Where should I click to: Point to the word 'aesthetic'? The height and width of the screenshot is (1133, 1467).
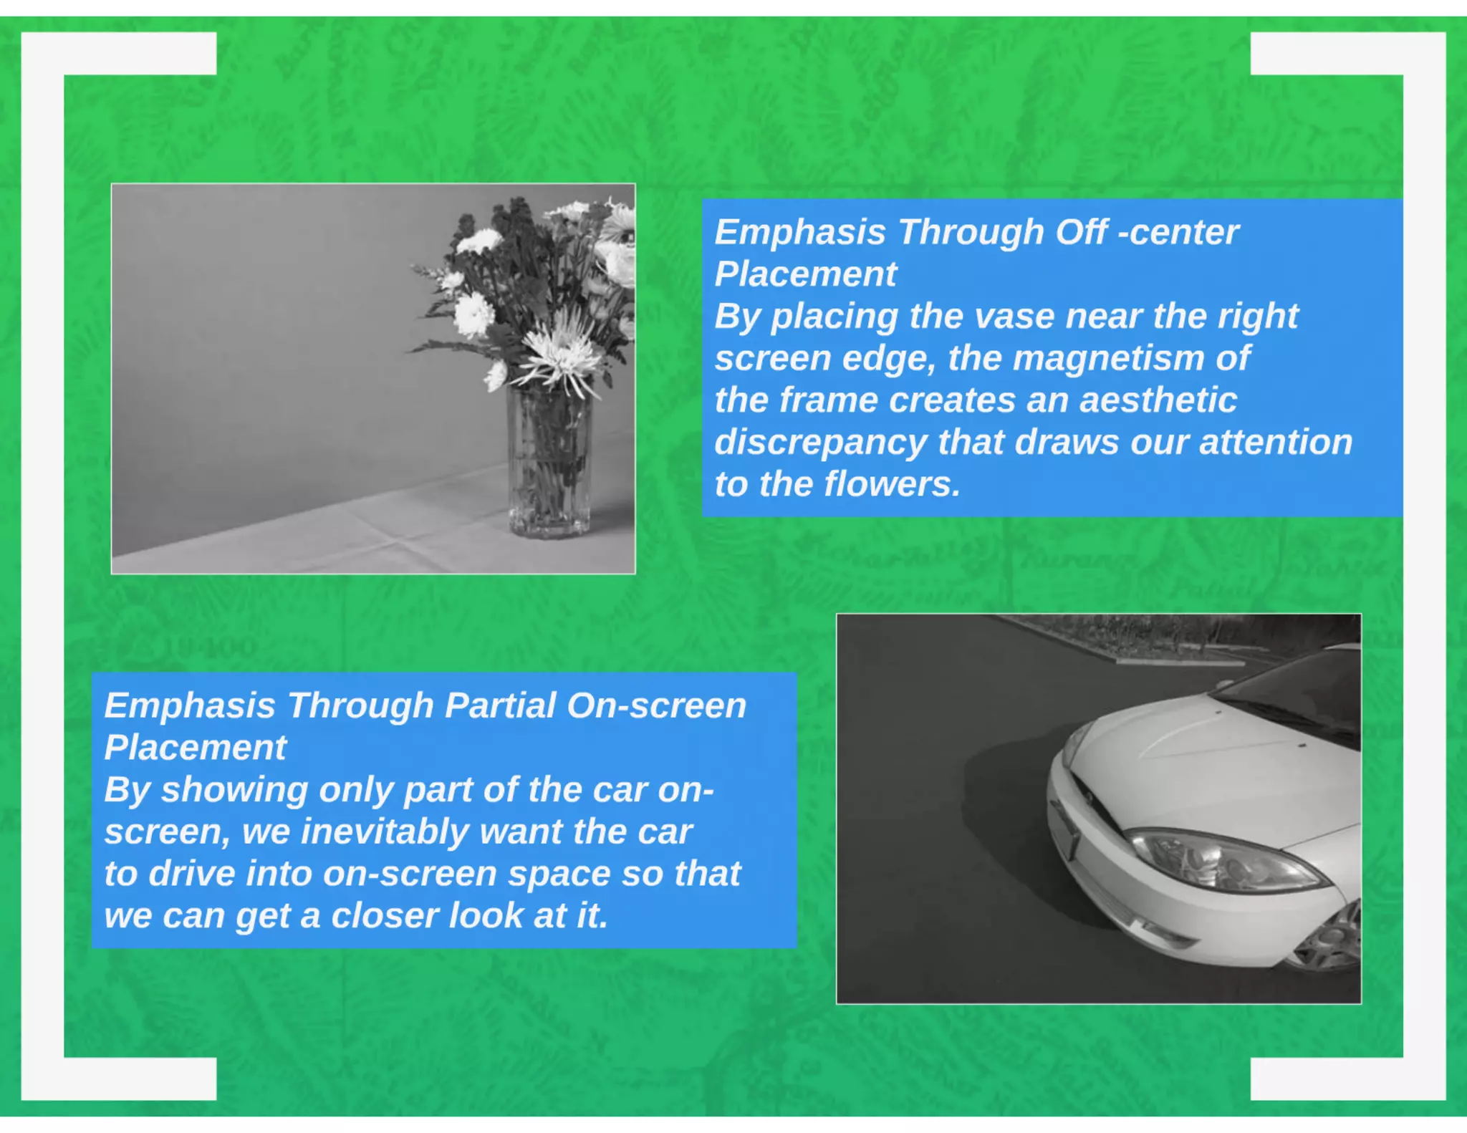[1158, 400]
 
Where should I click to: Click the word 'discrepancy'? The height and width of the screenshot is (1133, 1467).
[820, 443]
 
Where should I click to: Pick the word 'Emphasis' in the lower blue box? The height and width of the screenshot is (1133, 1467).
[190, 705]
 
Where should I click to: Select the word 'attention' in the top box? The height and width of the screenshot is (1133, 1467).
[1276, 442]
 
